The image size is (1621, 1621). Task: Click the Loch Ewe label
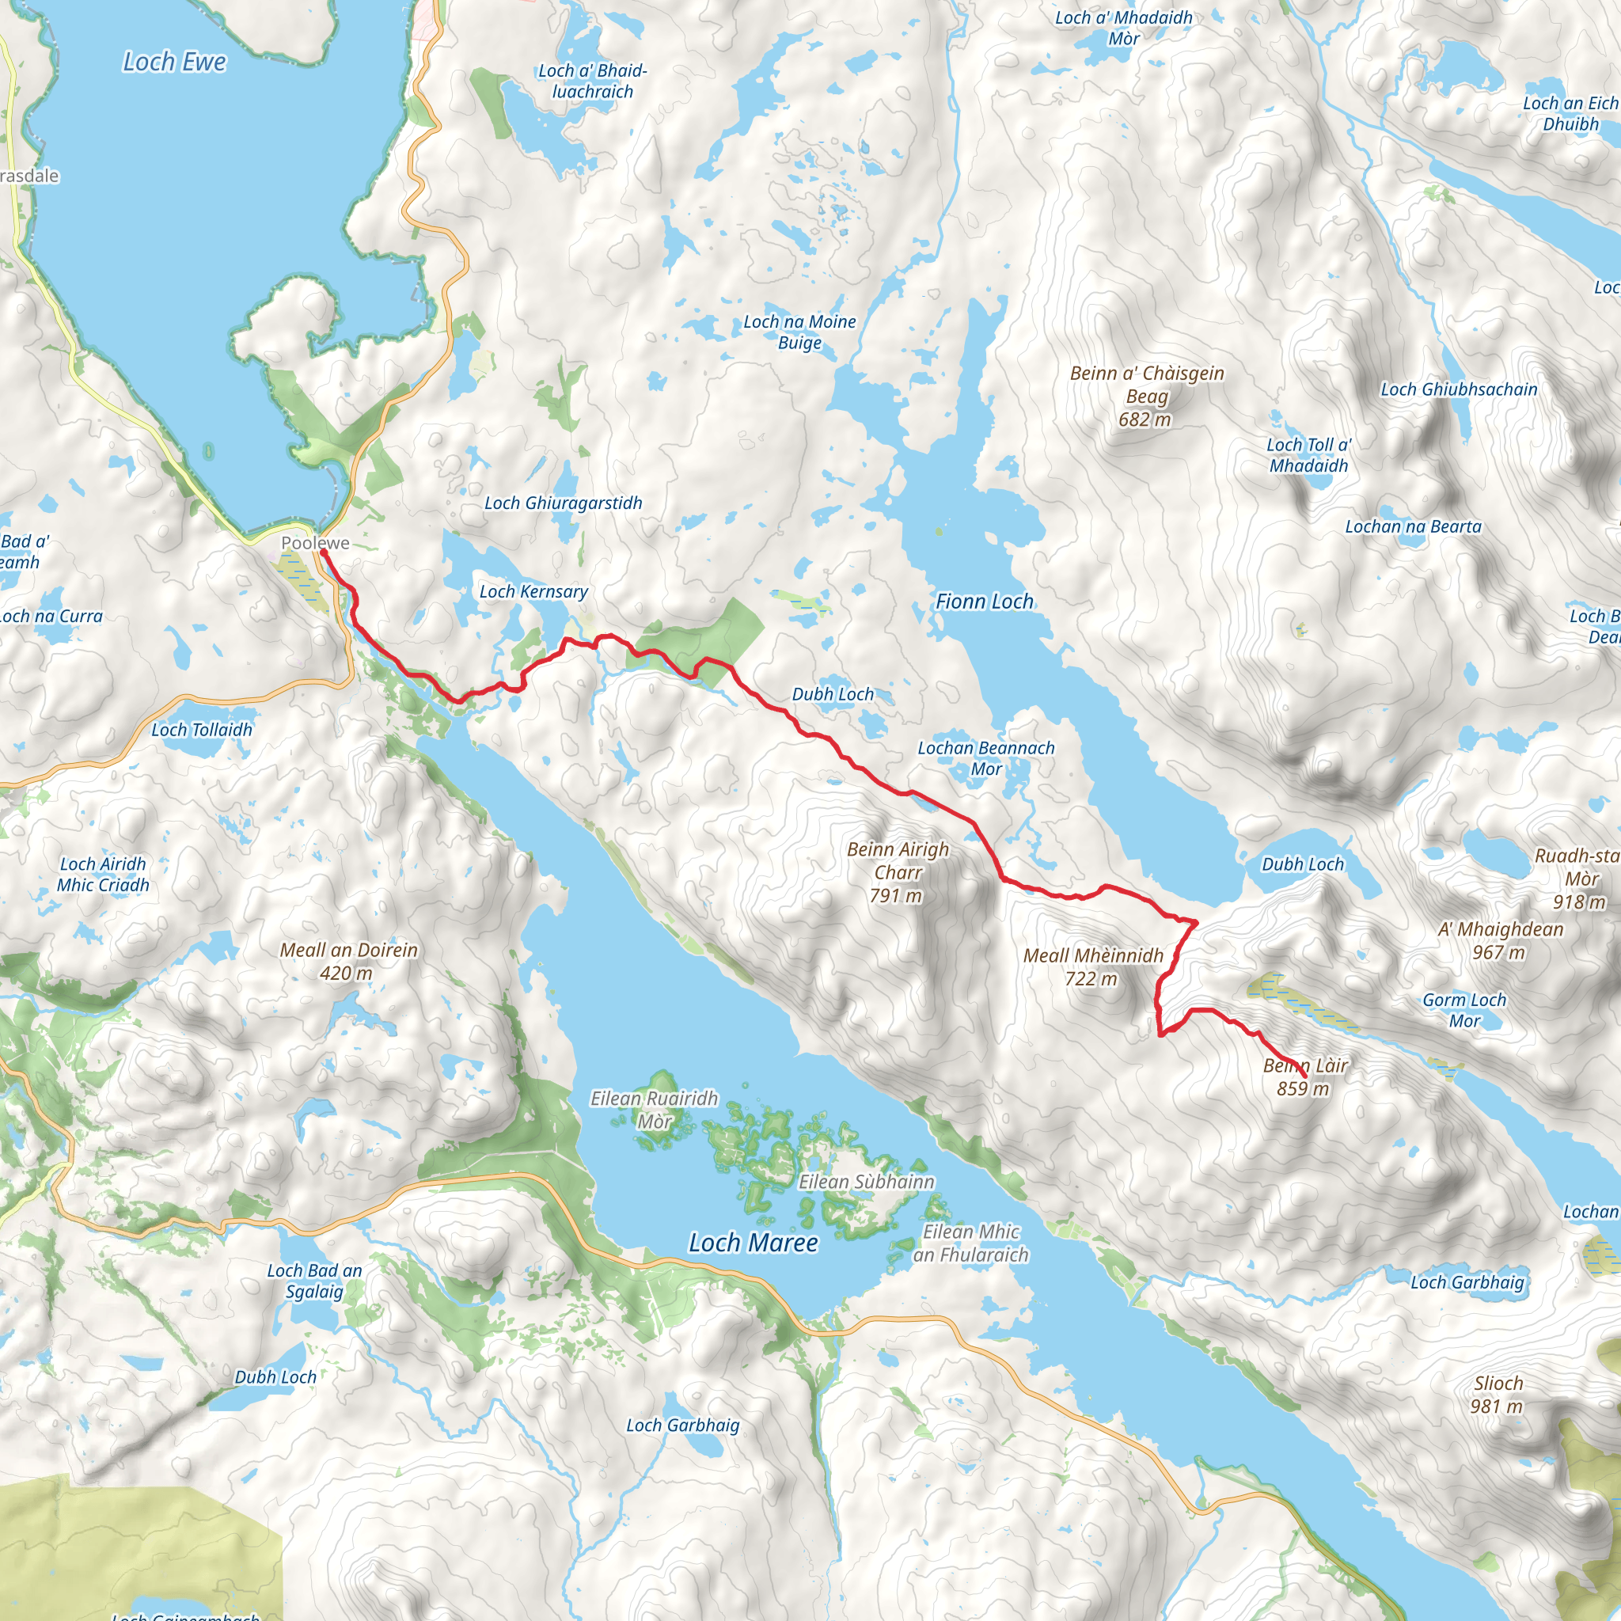[x=174, y=62]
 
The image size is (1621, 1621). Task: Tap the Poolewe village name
[x=315, y=543]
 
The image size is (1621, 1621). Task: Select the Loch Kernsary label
[x=533, y=591]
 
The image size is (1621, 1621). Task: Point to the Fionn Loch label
[x=984, y=602]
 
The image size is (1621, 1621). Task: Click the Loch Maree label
[x=753, y=1243]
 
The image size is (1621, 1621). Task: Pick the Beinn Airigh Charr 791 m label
[x=897, y=872]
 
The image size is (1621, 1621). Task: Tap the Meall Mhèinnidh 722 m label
[x=1092, y=966]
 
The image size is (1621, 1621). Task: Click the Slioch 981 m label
[x=1497, y=1395]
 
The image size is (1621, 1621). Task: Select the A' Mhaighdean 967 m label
[x=1500, y=940]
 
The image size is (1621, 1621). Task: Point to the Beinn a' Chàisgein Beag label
[x=1146, y=396]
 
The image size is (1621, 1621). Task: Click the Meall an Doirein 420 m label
[x=348, y=961]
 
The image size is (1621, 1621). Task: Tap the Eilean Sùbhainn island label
[x=866, y=1182]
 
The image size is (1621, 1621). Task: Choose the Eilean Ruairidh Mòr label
[x=655, y=1109]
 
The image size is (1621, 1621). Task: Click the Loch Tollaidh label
[x=201, y=730]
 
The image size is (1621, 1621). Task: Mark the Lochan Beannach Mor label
[x=986, y=757]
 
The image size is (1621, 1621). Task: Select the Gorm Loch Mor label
[x=1464, y=1010]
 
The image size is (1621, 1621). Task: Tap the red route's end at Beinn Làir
[x=1304, y=1076]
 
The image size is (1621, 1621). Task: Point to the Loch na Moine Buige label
[x=799, y=332]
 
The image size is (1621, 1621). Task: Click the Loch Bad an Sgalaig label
[x=315, y=1281]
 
